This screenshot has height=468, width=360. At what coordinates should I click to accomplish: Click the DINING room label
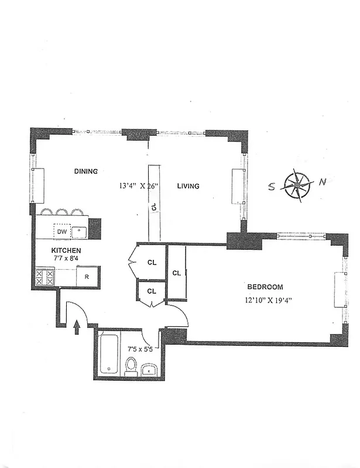[x=85, y=171]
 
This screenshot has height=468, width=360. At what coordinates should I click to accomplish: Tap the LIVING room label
[x=188, y=186]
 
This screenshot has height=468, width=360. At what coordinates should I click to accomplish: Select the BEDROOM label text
[x=265, y=287]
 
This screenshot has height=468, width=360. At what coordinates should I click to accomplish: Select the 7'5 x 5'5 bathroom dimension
[x=140, y=349]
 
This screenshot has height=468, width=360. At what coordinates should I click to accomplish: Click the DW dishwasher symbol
[x=62, y=232]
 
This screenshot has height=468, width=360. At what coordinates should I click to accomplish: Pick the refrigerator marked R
[x=87, y=277]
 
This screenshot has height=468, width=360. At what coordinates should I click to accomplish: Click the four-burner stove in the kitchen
[x=44, y=277]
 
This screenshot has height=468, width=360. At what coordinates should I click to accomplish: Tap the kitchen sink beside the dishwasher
[x=78, y=232]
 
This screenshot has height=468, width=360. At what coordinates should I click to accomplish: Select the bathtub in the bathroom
[x=109, y=353]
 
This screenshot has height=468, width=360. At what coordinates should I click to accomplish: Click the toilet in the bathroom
[x=131, y=366]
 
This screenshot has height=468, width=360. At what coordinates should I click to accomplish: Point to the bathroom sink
[x=149, y=370]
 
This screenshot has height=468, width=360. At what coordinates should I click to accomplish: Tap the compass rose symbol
[x=297, y=185]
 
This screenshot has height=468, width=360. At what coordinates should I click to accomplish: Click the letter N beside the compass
[x=323, y=182]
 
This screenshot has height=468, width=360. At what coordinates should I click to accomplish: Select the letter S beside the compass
[x=272, y=188]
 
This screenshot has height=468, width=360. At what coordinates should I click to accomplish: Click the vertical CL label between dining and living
[x=153, y=206]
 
